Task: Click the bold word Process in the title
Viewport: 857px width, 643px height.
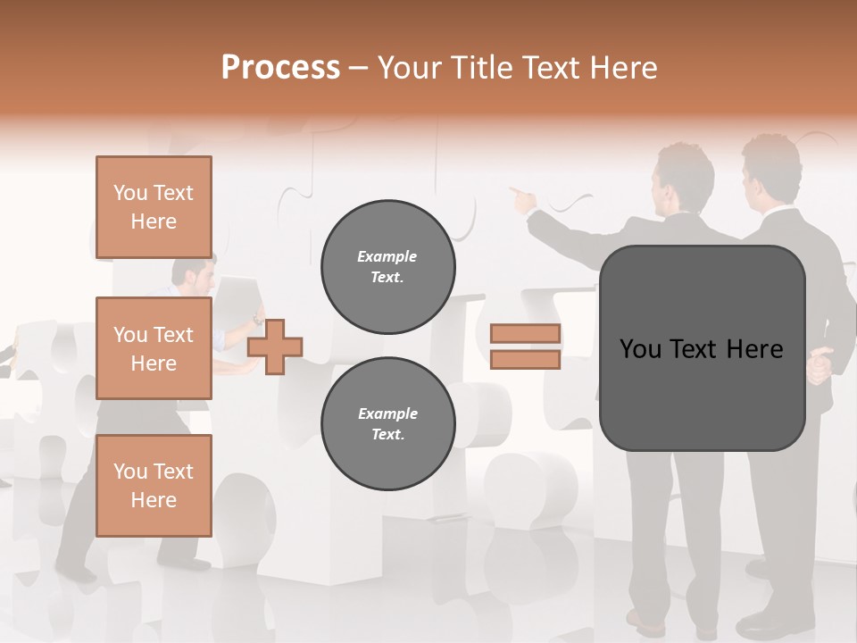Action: [280, 68]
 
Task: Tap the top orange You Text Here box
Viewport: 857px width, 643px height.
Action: [154, 207]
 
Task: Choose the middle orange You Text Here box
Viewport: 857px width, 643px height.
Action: [154, 348]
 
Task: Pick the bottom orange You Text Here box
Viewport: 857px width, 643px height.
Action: [154, 485]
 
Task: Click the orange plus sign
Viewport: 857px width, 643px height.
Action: [275, 347]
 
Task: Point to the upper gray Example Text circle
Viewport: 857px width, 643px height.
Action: [387, 267]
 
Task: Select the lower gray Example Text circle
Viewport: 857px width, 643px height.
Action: [387, 424]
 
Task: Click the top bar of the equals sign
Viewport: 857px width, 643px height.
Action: [525, 334]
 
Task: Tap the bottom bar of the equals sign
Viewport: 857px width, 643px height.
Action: [525, 360]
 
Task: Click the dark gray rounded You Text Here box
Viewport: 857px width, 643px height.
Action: [702, 348]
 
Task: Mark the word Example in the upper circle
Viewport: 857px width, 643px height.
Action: [387, 257]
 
